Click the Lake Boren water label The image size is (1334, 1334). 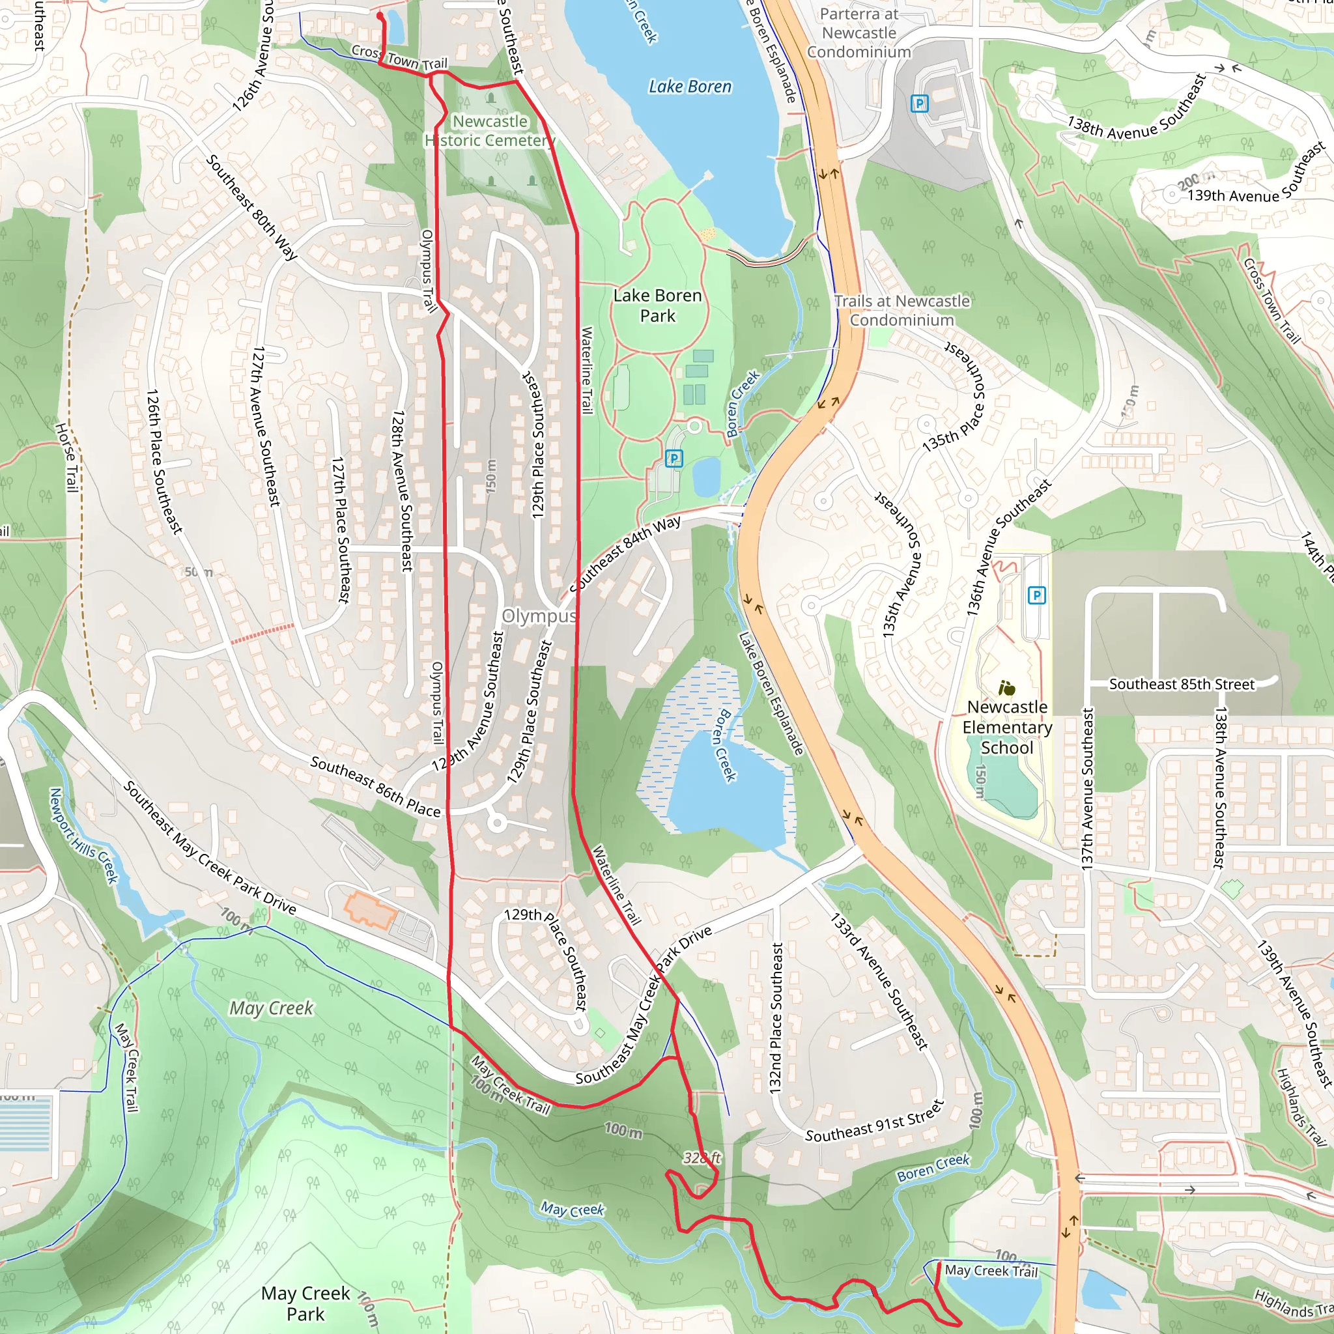click(690, 87)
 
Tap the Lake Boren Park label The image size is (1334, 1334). click(657, 305)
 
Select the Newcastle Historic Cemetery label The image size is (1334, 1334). click(490, 130)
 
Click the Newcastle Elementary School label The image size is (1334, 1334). click(1007, 727)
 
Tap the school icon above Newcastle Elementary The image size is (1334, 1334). click(1007, 688)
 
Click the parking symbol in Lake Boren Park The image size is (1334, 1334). click(674, 458)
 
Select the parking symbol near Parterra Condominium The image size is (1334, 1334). click(919, 104)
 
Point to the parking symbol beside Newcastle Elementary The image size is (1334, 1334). click(1036, 595)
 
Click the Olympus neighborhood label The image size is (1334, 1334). click(539, 616)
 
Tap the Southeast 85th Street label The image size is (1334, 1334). click(1182, 685)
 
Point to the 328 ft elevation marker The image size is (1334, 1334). click(702, 1157)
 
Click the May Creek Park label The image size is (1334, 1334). click(305, 1303)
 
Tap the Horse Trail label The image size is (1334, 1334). click(66, 457)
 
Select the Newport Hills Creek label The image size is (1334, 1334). click(83, 836)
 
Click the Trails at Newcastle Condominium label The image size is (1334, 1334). click(901, 311)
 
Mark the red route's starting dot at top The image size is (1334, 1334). click(380, 15)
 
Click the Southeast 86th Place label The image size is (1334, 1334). click(375, 786)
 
